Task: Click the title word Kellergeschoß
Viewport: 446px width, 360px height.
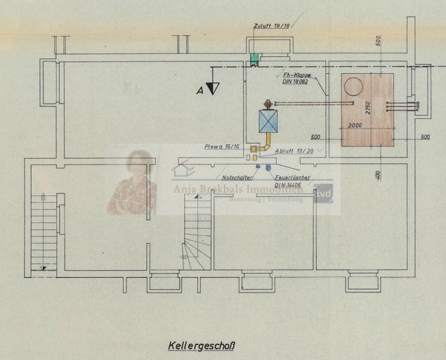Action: [201, 345]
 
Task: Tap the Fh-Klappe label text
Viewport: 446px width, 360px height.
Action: [296, 74]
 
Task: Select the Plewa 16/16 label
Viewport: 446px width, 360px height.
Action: [222, 147]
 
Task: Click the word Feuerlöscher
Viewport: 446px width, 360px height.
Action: [292, 178]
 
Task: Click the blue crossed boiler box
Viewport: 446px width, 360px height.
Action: [268, 122]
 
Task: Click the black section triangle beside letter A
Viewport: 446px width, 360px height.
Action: [213, 88]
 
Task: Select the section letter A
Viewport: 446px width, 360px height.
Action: [200, 91]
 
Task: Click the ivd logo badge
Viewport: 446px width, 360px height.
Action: [324, 193]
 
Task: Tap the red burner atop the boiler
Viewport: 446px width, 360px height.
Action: [268, 105]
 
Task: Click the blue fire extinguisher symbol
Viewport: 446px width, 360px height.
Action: [268, 167]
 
